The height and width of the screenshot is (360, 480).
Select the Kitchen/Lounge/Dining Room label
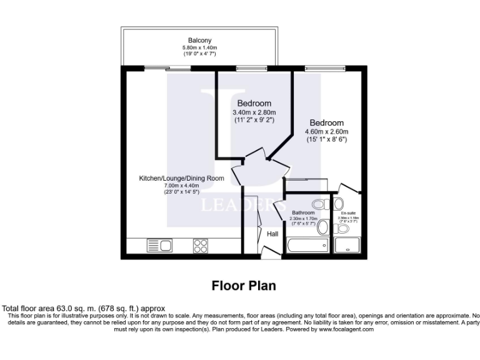181,178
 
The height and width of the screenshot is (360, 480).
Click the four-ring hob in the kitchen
201,246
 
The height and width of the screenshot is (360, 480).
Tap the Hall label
273,234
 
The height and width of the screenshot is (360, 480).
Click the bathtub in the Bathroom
306,245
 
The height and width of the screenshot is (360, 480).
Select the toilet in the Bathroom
319,204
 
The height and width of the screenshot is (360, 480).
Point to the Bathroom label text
304,212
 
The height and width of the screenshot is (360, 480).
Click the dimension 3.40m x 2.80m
254,112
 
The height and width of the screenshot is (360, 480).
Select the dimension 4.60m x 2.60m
326,132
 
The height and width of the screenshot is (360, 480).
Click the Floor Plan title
244,286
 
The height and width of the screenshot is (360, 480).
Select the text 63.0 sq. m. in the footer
64,308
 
